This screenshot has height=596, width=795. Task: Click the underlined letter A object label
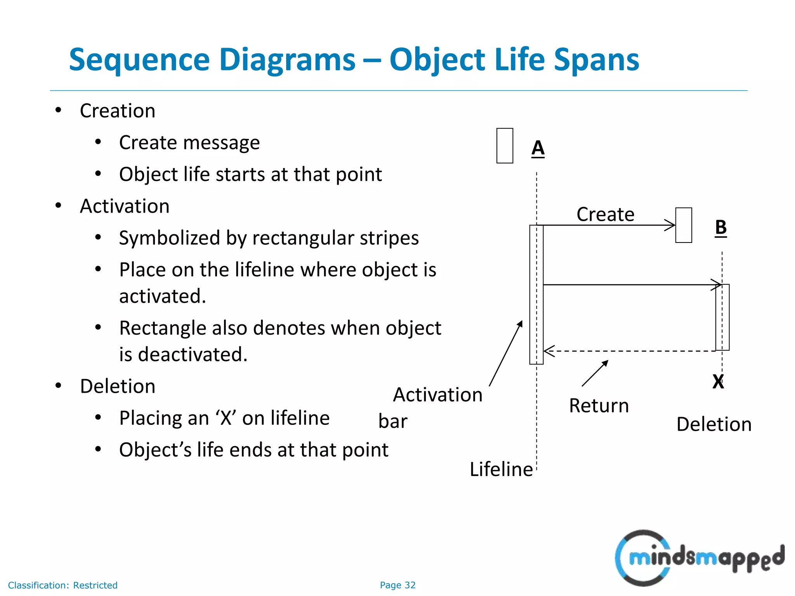pyautogui.click(x=538, y=148)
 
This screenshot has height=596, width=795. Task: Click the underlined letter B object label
pyautogui.click(x=720, y=227)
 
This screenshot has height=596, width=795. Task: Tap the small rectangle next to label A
pyautogui.click(x=505, y=146)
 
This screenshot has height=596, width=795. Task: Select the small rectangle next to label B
pyautogui.click(x=684, y=225)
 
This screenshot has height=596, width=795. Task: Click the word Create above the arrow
pyautogui.click(x=605, y=214)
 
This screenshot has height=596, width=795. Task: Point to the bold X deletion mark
pyautogui.click(x=718, y=381)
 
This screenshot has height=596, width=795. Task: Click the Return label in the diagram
pyautogui.click(x=599, y=406)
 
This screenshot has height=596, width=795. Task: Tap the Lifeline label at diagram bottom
pyautogui.click(x=501, y=469)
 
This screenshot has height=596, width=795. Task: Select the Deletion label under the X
pyautogui.click(x=713, y=424)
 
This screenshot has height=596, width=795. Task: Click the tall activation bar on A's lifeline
pyautogui.click(x=536, y=295)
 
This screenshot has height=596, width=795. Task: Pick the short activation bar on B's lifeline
pyautogui.click(x=722, y=317)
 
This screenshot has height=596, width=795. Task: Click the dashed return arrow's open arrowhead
pyautogui.click(x=548, y=351)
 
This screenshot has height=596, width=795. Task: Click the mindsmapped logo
pyautogui.click(x=699, y=558)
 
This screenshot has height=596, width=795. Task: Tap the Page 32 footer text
pyautogui.click(x=397, y=585)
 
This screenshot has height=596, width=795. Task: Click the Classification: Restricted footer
pyautogui.click(x=62, y=585)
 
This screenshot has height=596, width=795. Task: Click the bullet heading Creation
pyautogui.click(x=118, y=111)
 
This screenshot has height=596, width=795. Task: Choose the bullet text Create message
pyautogui.click(x=189, y=143)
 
